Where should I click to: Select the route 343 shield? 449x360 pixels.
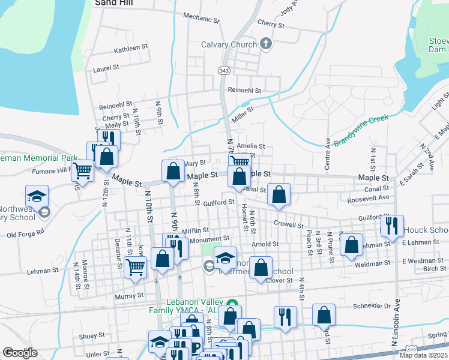click(x=223, y=71)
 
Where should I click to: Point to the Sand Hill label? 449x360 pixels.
click(x=113, y=3)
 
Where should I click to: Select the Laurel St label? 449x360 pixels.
click(x=106, y=69)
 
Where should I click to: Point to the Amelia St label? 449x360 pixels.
click(x=251, y=146)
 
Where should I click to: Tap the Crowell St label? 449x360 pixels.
click(x=289, y=226)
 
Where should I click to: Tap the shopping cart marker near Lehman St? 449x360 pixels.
click(x=136, y=267)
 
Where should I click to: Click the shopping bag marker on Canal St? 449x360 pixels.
click(x=279, y=194)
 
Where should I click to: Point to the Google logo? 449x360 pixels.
click(x=20, y=353)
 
